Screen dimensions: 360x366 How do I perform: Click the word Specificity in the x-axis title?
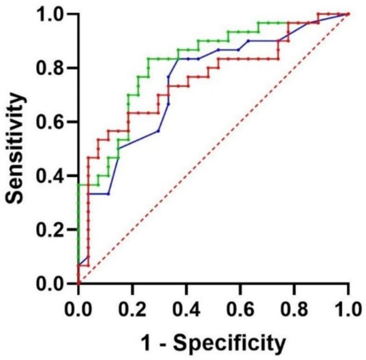point(230,342)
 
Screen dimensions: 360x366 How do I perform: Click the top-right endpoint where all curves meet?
point(348,14)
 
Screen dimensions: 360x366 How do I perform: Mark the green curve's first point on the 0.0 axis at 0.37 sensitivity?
point(79,185)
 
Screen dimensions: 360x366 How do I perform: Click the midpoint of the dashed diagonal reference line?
point(213,149)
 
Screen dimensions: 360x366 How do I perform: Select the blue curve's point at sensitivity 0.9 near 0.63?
point(248,41)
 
